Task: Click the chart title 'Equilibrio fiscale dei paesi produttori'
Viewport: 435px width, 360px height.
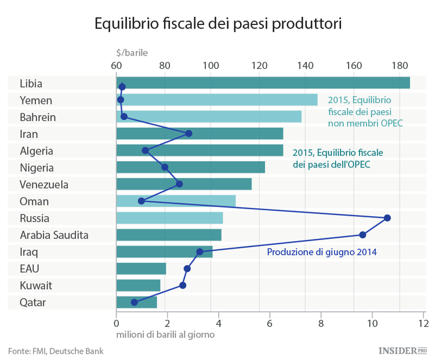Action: coord(217,24)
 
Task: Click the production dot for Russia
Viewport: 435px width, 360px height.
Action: coord(387,218)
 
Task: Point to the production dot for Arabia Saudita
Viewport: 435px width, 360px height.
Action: coord(362,235)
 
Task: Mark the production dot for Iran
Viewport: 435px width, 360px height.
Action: coord(188,133)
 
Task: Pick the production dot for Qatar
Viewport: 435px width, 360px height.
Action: coord(135,302)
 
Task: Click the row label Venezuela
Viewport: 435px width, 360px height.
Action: coord(44,185)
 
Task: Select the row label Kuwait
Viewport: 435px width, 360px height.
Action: coord(36,286)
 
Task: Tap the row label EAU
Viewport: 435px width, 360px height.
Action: coord(30,269)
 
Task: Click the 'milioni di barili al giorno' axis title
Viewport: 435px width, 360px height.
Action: coord(165,334)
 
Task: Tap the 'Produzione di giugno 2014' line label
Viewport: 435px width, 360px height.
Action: coord(322,252)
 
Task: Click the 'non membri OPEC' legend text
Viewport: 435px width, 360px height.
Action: coord(365,123)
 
